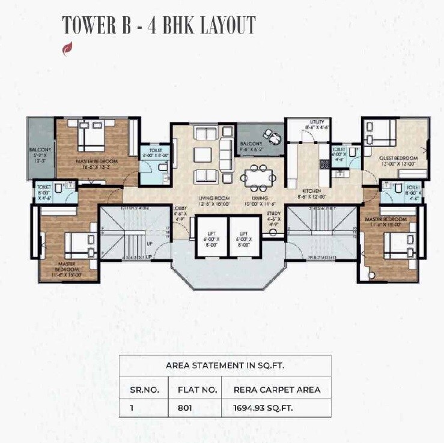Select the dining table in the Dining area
pyautogui.click(x=258, y=177)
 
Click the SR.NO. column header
pyautogui.click(x=144, y=390)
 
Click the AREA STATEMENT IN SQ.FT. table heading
pyautogui.click(x=225, y=366)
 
